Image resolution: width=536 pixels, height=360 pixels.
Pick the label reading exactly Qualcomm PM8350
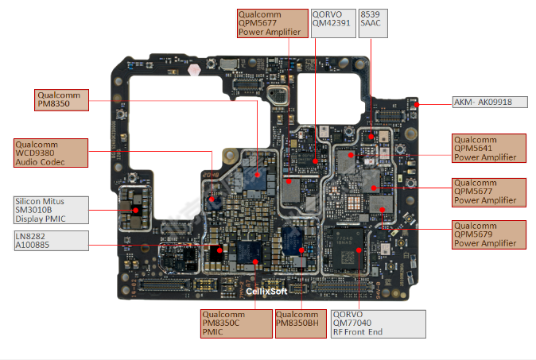point(62,99)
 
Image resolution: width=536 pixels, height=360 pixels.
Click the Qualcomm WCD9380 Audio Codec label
point(50,153)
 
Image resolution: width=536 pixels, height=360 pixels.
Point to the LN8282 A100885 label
point(50,241)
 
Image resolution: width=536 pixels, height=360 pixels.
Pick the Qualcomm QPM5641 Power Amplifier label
point(489,148)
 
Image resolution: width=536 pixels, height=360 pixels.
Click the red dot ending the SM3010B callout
point(136,211)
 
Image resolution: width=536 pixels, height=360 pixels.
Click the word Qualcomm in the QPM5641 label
point(475,139)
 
